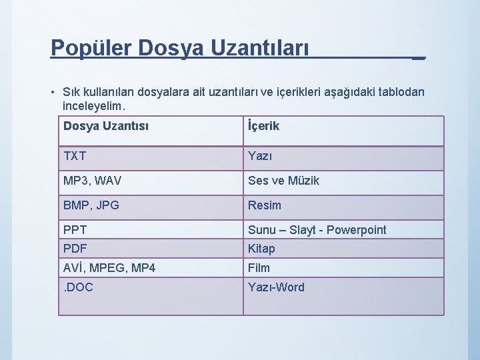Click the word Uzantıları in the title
click(261, 48)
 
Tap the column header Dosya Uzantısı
click(106, 126)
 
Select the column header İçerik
click(263, 126)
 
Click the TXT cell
click(75, 156)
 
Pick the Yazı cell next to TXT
click(261, 156)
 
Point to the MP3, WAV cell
click(93, 181)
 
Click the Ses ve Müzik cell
click(283, 181)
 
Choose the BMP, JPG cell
click(91, 205)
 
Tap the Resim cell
click(265, 205)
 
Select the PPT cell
click(75, 230)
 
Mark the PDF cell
click(76, 249)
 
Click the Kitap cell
click(261, 249)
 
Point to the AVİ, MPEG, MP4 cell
click(109, 268)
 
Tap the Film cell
click(259, 268)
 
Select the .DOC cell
click(78, 287)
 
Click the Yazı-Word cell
click(276, 287)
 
